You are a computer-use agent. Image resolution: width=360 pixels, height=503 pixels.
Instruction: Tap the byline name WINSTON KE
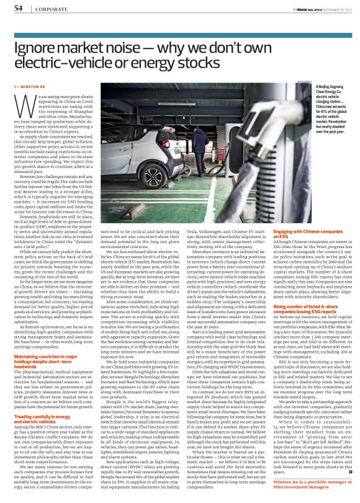(33, 86)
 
